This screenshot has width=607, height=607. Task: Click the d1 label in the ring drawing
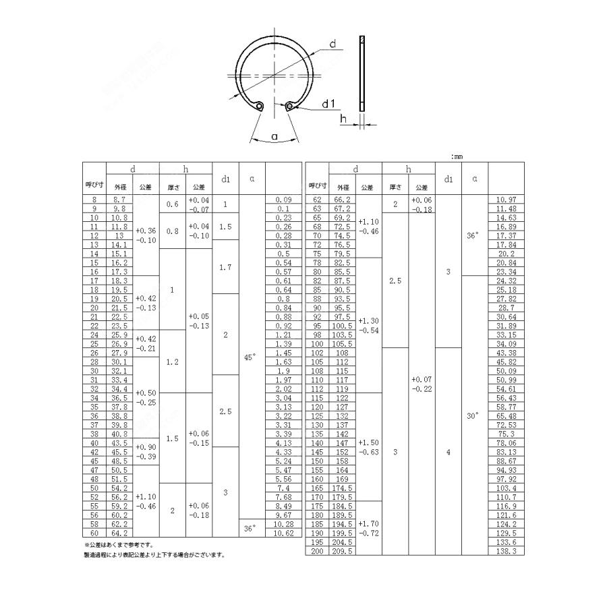point(328,103)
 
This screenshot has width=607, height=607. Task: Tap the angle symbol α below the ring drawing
point(274,137)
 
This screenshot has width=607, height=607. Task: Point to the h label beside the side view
point(344,119)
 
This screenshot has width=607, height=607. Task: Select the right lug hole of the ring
point(290,105)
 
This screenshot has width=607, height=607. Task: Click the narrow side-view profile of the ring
point(362,74)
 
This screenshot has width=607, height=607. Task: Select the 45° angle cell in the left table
point(249,358)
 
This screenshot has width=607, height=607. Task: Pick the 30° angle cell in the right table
point(472,416)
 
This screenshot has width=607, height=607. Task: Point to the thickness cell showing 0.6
point(172,204)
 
